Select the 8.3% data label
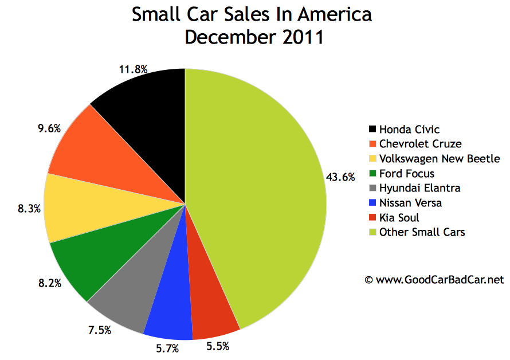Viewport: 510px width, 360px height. pos(29,209)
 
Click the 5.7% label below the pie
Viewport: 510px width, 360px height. pos(168,348)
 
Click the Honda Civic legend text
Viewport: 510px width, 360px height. pos(409,130)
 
